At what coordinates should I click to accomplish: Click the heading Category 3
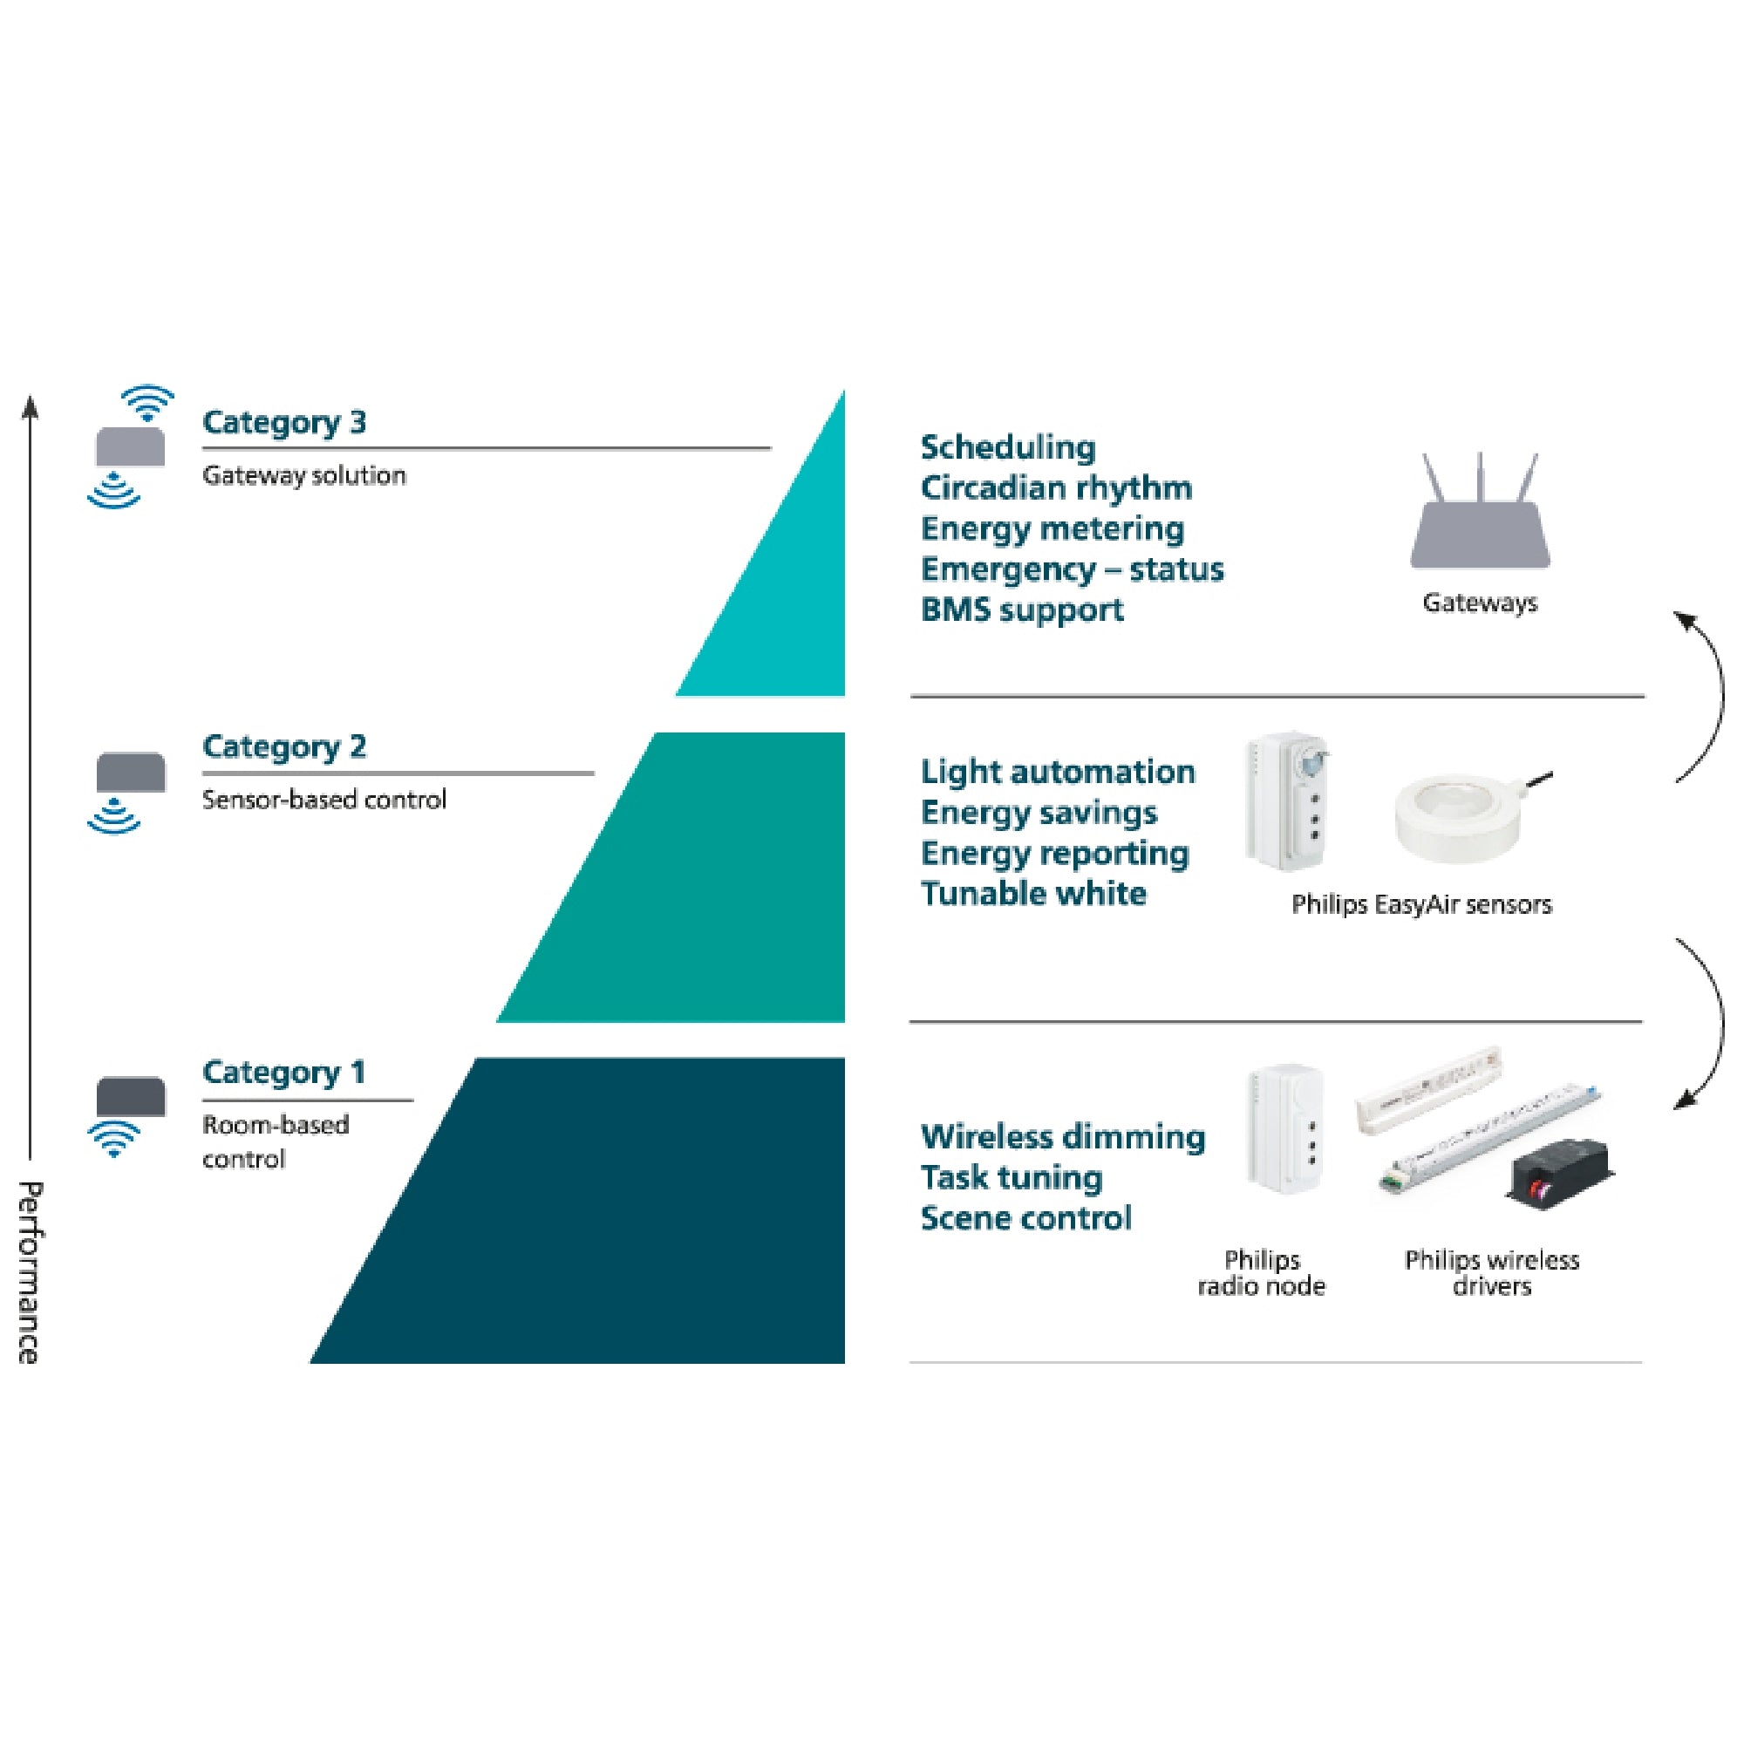click(284, 422)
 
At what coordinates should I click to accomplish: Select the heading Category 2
click(284, 747)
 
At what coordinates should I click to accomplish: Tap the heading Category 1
click(284, 1073)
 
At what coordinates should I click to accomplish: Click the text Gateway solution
click(304, 476)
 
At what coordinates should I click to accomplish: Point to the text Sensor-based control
click(324, 800)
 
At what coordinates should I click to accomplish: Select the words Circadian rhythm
click(1056, 488)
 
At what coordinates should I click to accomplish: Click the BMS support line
click(1022, 610)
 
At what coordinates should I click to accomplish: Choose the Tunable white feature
click(1033, 894)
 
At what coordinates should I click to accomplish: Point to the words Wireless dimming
click(1062, 1137)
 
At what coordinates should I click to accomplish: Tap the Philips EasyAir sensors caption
click(1420, 904)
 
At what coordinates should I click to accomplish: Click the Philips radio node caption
click(1261, 1273)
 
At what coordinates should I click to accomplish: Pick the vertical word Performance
click(29, 1273)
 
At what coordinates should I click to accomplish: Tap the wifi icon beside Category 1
click(114, 1139)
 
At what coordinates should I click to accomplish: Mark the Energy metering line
click(1053, 529)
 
